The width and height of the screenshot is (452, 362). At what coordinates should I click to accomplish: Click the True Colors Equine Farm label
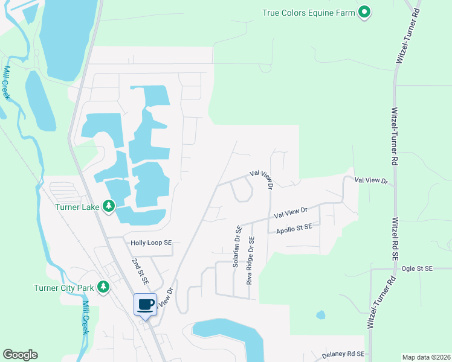[308, 13]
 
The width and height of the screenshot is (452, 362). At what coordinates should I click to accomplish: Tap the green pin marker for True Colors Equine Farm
[364, 11]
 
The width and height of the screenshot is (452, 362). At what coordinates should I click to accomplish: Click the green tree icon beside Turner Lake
[109, 206]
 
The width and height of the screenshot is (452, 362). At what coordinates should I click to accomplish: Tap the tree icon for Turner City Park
[103, 287]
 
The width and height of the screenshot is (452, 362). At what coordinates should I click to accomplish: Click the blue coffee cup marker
[145, 305]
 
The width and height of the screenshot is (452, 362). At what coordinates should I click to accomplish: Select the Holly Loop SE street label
[152, 243]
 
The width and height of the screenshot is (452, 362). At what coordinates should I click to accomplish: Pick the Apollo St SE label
[294, 228]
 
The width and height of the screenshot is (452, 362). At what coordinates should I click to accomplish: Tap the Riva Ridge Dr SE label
[250, 260]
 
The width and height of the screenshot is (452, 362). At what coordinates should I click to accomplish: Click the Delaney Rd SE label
[343, 354]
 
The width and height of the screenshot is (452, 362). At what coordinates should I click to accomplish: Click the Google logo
[20, 355]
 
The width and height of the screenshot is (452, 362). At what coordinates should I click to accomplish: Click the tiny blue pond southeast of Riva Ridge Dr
[320, 314]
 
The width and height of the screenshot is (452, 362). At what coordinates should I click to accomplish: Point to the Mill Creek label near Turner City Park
[85, 317]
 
